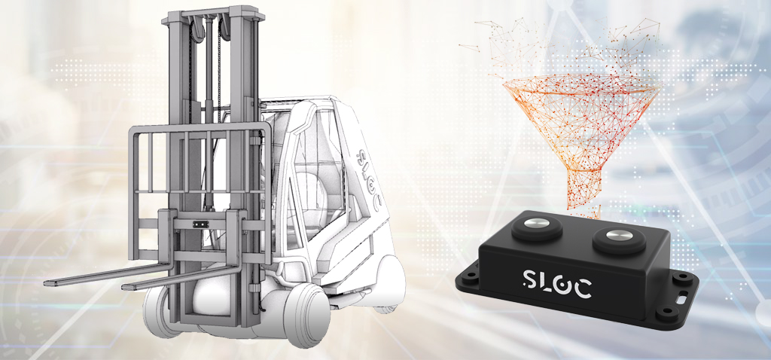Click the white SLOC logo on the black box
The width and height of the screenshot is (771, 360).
556,282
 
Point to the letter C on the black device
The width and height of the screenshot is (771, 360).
582,288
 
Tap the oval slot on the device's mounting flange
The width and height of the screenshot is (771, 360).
683,298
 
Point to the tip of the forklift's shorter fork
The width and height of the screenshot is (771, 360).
124,287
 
